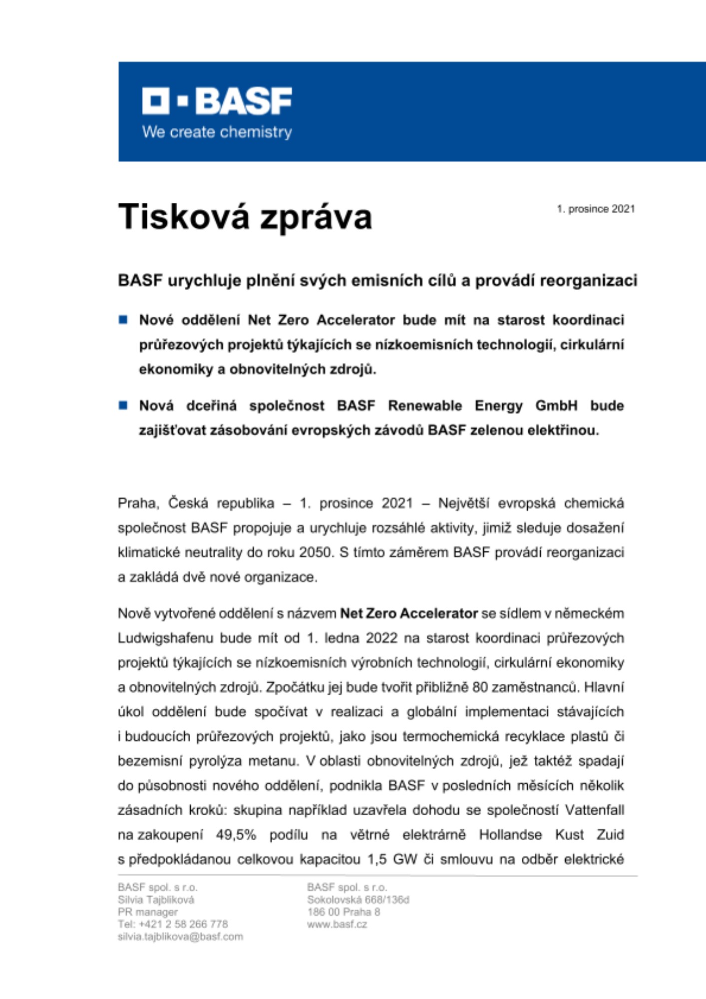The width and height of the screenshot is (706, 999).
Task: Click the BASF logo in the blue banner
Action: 217,101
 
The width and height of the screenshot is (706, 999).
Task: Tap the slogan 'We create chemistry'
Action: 217,132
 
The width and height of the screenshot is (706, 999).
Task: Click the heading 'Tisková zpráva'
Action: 245,217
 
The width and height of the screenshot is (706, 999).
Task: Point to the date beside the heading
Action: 596,209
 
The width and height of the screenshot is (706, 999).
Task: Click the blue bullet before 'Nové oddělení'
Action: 123,320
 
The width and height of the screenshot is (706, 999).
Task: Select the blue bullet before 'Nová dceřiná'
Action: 123,405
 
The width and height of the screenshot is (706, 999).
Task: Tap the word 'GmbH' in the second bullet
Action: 556,406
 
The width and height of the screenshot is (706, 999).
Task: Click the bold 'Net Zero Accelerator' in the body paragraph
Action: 409,613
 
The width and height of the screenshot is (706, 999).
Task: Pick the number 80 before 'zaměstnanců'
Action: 480,687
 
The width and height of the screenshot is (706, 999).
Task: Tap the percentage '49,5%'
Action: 236,835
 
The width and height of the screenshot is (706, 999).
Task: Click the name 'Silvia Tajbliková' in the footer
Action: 156,900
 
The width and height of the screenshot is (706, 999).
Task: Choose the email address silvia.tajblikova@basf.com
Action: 180,937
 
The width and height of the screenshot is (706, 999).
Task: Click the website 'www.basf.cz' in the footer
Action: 337,925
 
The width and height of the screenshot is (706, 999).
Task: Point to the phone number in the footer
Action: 173,924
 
